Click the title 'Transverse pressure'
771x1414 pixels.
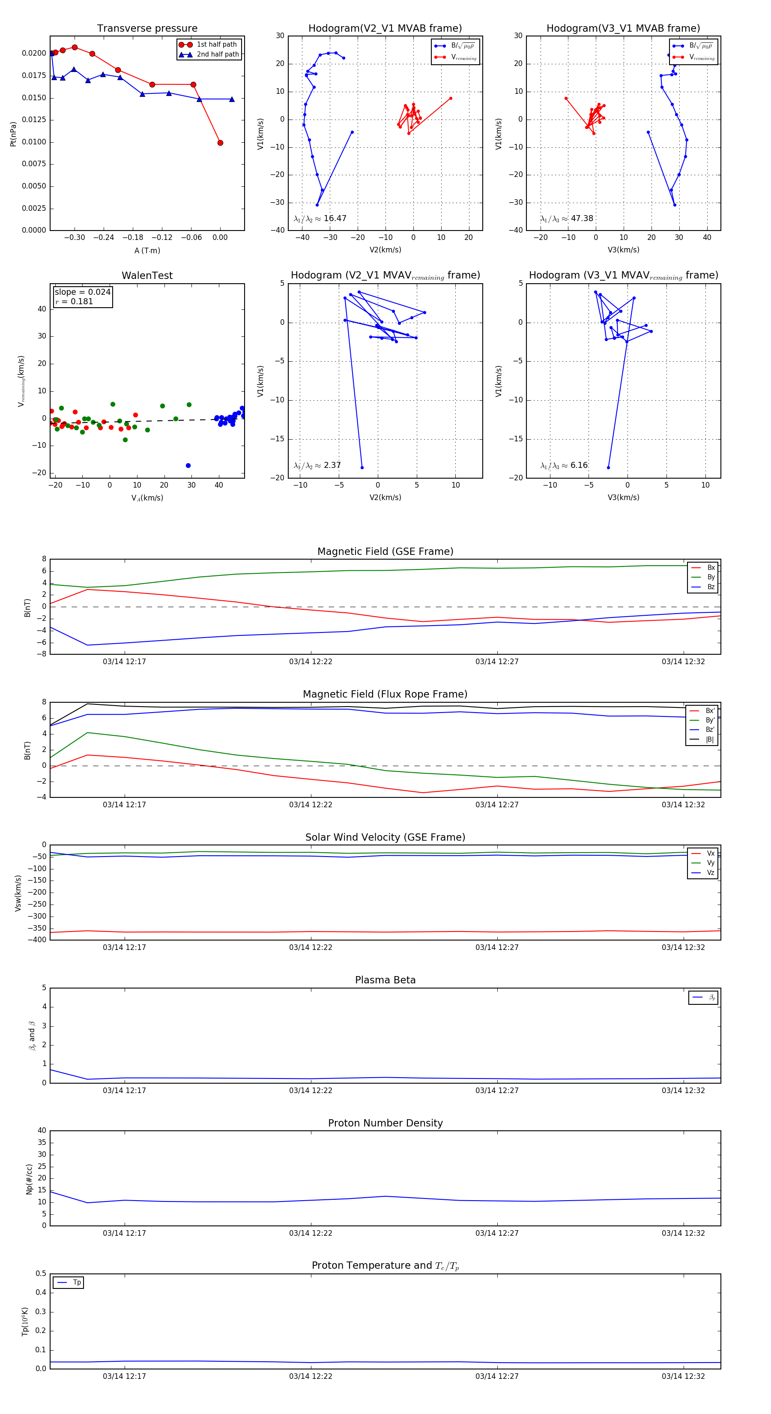coord(147,29)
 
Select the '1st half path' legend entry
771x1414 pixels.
coord(216,45)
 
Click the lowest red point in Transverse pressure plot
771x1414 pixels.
coord(220,143)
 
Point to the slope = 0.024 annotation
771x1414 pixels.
coord(82,292)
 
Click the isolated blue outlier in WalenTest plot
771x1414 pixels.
coord(188,465)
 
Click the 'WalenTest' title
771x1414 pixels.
coord(147,276)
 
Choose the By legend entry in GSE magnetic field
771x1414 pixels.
coord(710,577)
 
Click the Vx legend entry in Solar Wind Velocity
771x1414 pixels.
coord(710,853)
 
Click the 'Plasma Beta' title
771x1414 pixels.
coord(385,980)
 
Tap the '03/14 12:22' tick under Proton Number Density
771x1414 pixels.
coord(311,1233)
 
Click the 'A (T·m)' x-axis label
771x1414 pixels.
coord(147,251)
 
